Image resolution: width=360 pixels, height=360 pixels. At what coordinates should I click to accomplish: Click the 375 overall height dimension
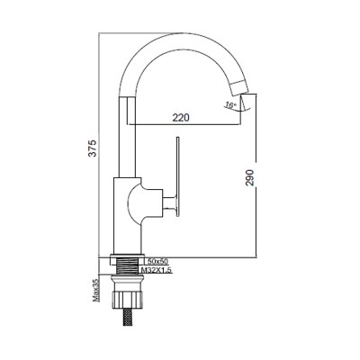(x=94, y=148)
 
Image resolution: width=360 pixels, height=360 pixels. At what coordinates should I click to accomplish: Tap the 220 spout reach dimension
(x=181, y=118)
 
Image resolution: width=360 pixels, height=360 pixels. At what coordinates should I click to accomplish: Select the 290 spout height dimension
(x=250, y=177)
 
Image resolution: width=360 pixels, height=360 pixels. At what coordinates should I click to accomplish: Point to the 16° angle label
(x=230, y=105)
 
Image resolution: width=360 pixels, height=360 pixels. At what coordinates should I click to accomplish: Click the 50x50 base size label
(x=158, y=260)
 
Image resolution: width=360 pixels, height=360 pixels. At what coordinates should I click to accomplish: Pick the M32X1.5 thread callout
(x=157, y=270)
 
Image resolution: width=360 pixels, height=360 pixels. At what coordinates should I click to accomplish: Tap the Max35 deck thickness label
(x=96, y=289)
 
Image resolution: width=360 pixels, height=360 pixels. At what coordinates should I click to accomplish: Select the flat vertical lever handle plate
(x=178, y=176)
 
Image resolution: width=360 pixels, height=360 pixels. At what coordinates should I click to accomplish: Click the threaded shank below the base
(x=127, y=265)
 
